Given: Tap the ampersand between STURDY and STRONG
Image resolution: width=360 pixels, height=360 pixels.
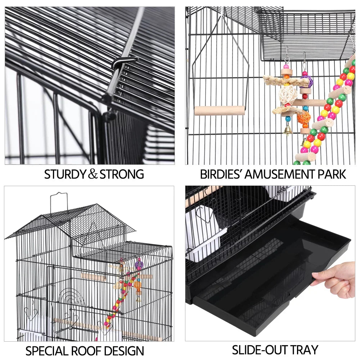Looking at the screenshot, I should pyautogui.click(x=93, y=175).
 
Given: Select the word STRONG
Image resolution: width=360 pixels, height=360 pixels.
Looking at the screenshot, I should pyautogui.click(x=122, y=174).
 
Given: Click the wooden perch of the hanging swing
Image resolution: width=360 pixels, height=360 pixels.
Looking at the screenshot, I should pyautogui.click(x=220, y=111).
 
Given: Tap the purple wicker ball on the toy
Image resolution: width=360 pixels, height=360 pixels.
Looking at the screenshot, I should pyautogui.click(x=306, y=81).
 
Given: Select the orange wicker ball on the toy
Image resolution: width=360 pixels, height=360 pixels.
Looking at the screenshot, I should pyautogui.click(x=303, y=117).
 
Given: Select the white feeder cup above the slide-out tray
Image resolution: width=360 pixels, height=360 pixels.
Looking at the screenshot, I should pyautogui.click(x=203, y=230).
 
